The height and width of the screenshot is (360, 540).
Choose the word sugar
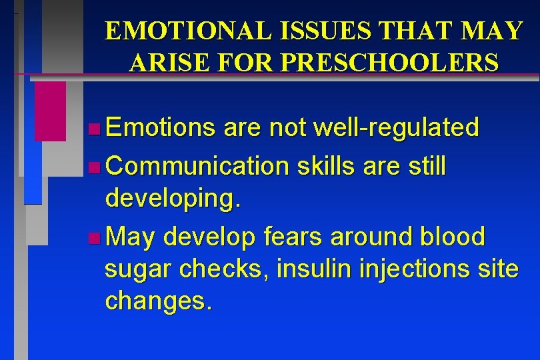coord(136,270)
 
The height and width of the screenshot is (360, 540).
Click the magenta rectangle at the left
coord(51,111)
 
